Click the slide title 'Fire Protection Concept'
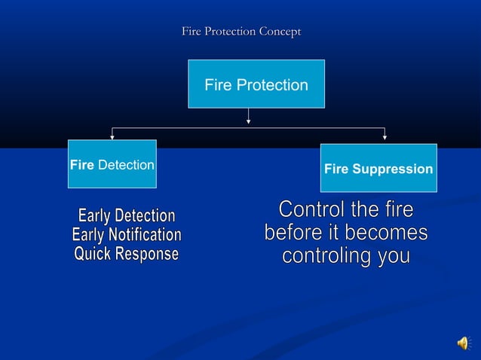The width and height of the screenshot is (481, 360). pos(241,32)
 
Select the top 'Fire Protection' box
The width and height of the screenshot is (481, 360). pos(256,84)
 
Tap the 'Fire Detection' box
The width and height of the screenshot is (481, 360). pos(112,164)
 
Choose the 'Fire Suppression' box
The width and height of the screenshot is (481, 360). pos(378,168)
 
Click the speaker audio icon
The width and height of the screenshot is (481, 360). pos(462,343)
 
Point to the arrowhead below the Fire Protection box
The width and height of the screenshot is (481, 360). pos(249,119)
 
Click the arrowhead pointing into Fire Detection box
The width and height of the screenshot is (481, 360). pos(112,136)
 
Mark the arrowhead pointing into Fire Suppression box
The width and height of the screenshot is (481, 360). pos(384,137)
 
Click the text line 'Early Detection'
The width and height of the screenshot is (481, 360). pos(126,217)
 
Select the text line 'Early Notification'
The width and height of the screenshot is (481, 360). pos(126,236)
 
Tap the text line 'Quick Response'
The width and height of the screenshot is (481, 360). pos(126,255)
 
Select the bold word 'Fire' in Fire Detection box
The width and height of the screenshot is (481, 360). pos(82,164)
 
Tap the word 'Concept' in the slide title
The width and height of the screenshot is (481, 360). pos(280,32)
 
